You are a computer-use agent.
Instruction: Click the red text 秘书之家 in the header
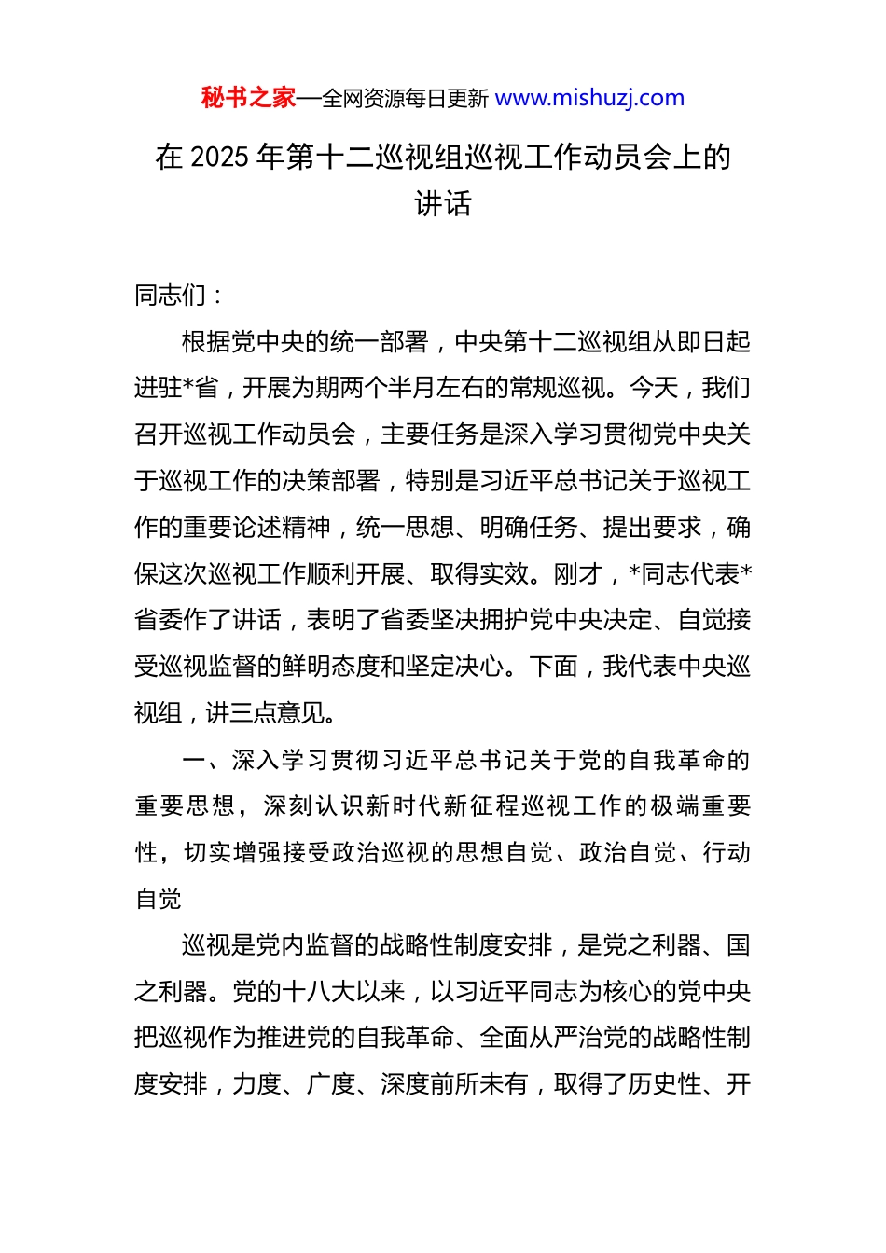(x=248, y=98)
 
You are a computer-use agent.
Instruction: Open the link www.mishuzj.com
(x=589, y=98)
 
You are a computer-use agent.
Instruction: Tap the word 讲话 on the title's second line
(x=443, y=203)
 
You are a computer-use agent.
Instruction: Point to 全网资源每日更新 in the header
(x=406, y=99)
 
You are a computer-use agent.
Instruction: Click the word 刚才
(x=578, y=574)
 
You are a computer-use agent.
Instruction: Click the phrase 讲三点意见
(x=266, y=713)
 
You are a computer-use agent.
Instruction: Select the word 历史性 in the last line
(x=664, y=1084)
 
